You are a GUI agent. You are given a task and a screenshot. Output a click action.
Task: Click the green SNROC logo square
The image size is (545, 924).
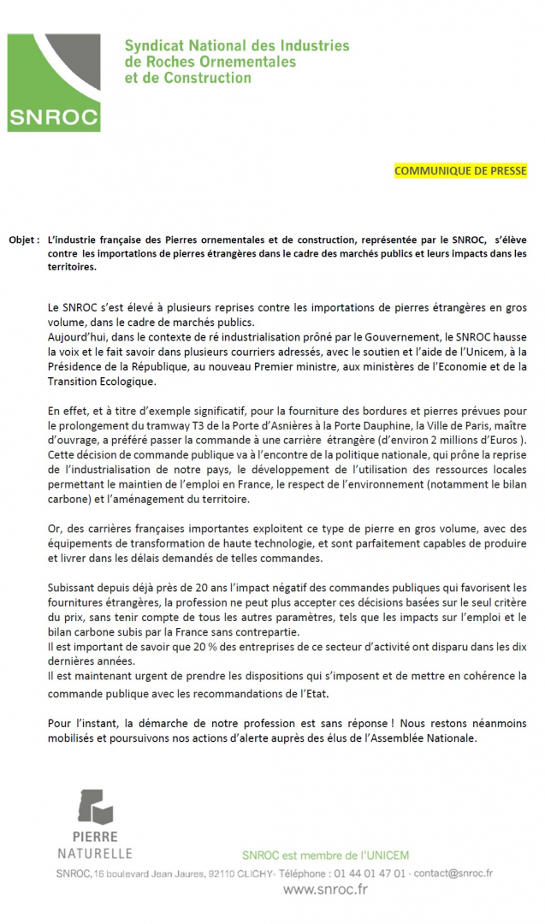point(53,84)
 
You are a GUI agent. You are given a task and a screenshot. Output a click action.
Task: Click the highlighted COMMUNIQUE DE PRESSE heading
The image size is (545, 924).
point(459,171)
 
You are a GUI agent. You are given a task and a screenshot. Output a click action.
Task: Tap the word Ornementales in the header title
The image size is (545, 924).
point(254,62)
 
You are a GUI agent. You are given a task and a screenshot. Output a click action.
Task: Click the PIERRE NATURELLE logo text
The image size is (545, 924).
point(95,844)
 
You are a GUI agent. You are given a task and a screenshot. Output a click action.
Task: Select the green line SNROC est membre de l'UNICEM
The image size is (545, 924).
point(325,853)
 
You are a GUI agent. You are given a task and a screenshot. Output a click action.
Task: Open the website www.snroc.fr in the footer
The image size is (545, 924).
point(325,891)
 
